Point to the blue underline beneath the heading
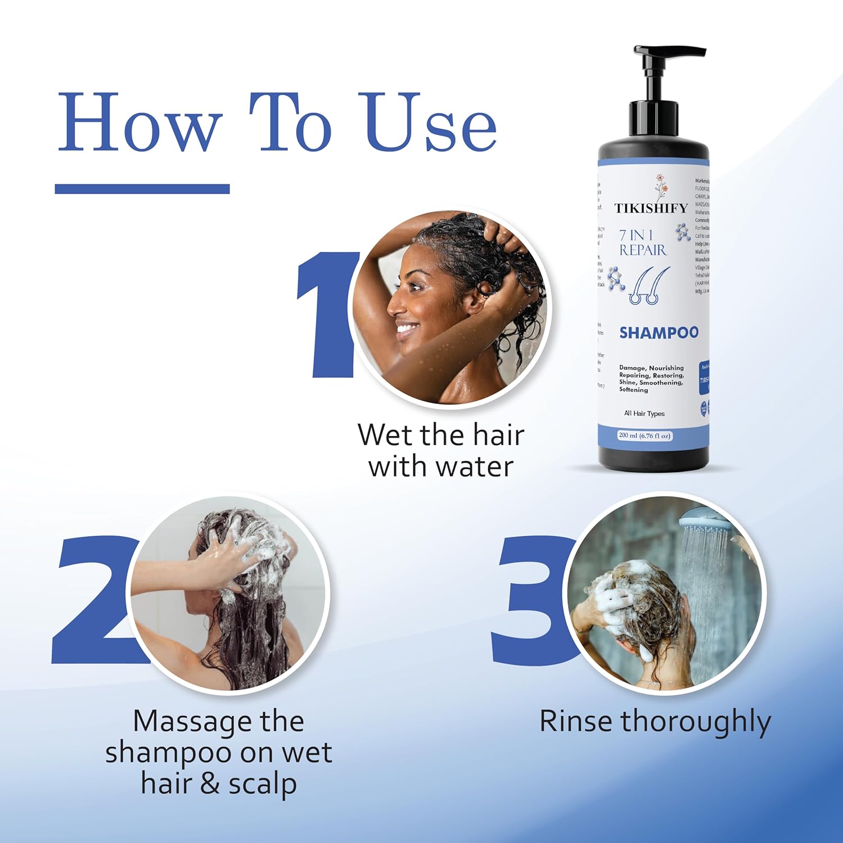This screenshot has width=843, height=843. tap(142, 189)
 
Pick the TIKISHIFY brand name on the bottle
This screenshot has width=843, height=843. tap(651, 208)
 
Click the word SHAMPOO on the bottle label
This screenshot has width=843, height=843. tap(659, 333)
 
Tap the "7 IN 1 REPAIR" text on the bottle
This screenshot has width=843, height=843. tap(642, 242)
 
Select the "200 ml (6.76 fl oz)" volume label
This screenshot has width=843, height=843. tap(644, 436)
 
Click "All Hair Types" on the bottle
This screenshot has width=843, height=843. tap(644, 414)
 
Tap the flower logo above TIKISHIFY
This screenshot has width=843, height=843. tap(660, 187)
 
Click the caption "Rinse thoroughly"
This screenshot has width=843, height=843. tap(655, 721)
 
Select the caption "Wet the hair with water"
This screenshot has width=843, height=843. tap(441, 451)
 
